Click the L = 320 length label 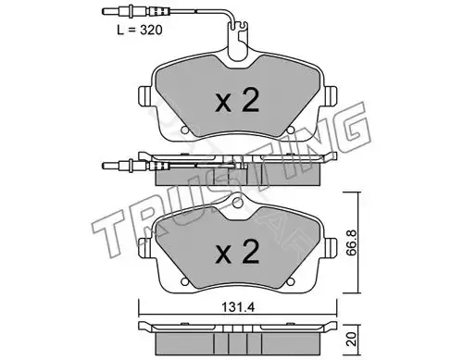[140, 31]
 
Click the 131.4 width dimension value [238, 307]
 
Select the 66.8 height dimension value [354, 242]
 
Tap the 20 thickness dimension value [354, 339]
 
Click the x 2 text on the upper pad [237, 101]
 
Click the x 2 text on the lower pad [237, 252]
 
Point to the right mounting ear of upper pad [332, 95]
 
